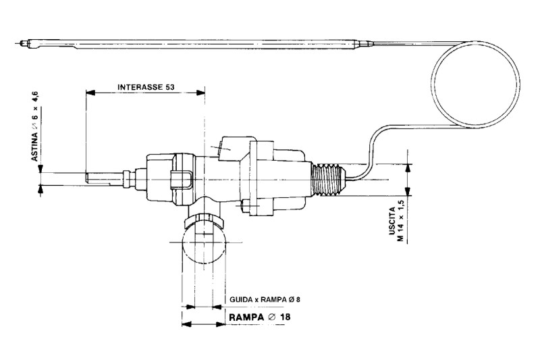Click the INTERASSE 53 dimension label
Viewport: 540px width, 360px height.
tap(145, 87)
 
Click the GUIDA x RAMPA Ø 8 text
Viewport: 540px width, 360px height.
tap(263, 299)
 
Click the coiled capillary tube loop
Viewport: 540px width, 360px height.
tap(476, 87)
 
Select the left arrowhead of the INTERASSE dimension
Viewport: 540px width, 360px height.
tap(90, 93)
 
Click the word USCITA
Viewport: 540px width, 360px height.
tap(392, 221)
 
